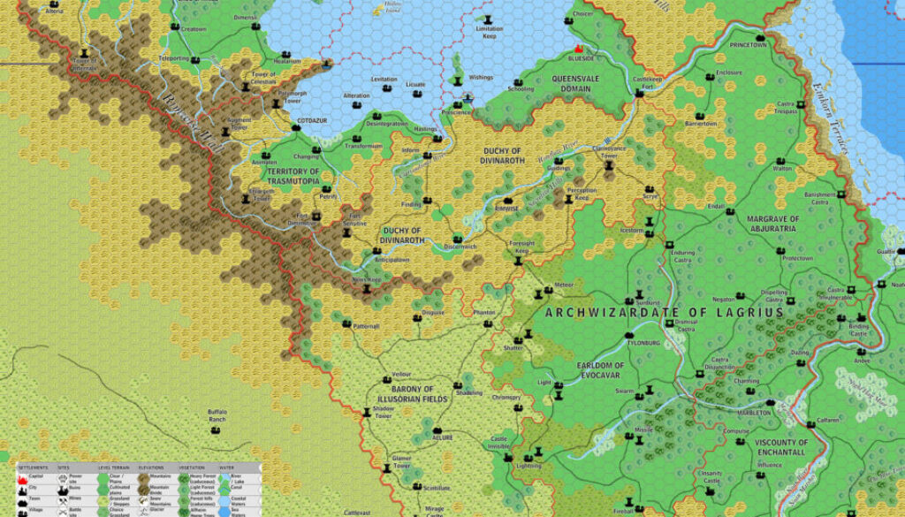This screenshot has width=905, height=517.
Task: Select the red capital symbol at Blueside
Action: click(x=579, y=48)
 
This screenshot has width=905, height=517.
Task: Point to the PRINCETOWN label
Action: click(x=749, y=43)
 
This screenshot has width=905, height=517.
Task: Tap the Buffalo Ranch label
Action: click(x=217, y=414)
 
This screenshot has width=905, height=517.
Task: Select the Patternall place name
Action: click(x=366, y=326)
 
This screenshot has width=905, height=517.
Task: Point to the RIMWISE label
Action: click(x=507, y=210)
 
